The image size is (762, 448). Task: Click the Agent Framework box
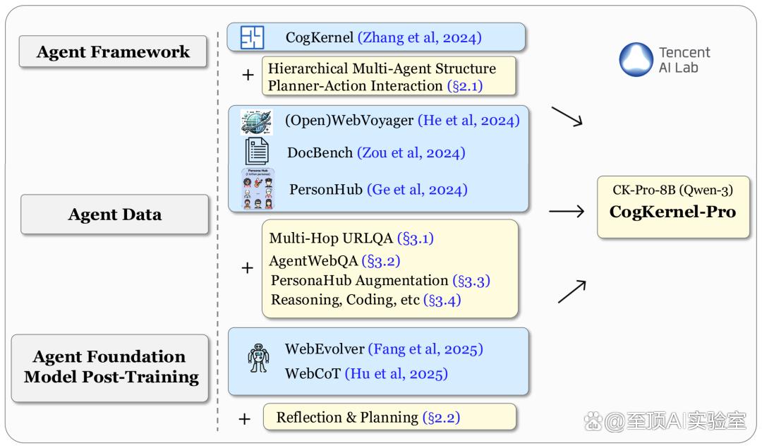pos(113,52)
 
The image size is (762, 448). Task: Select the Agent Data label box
pos(115,214)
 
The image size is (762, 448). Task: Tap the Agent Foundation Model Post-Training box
pos(110,368)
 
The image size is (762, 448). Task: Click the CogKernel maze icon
pos(252,37)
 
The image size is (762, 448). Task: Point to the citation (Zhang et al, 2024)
pos(420,37)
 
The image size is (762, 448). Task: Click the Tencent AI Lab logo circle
pos(636,59)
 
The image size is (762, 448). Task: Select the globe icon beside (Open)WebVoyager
pos(257,122)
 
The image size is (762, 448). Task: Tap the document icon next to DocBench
pos(257,151)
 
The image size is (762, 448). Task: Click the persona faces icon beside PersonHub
pos(258,189)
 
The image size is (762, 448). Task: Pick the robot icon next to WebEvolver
pos(258,358)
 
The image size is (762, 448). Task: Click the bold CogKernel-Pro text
pos(672,212)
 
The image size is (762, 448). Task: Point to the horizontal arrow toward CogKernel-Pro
pos(567,212)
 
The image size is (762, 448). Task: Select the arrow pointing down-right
pos(567,116)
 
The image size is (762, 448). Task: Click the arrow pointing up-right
pos(572,291)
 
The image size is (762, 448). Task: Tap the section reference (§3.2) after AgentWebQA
pos(381,261)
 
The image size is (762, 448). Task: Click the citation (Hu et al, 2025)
pos(396,374)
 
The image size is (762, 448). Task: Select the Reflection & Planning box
pos(389,417)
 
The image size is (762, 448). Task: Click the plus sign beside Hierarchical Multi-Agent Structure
pos(248,75)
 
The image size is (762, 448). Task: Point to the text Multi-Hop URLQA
pos(331,238)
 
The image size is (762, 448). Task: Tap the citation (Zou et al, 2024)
pos(411,153)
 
